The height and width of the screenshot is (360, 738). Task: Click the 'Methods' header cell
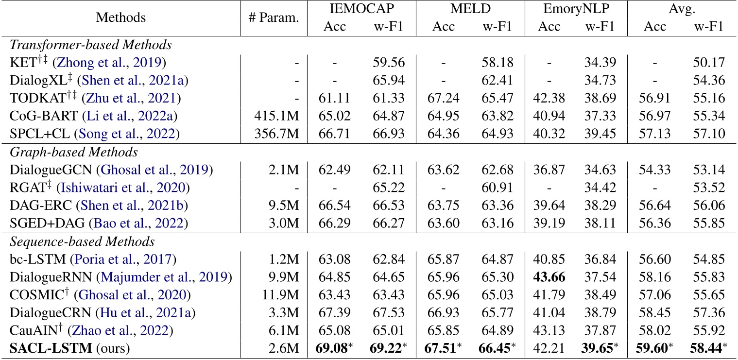[120, 18]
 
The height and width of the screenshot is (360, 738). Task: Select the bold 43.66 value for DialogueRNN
[549, 277]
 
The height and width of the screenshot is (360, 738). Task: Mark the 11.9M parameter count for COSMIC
[283, 295]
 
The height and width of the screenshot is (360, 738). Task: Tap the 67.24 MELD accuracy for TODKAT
[444, 99]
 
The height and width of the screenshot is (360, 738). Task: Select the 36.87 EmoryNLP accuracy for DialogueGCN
[549, 170]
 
